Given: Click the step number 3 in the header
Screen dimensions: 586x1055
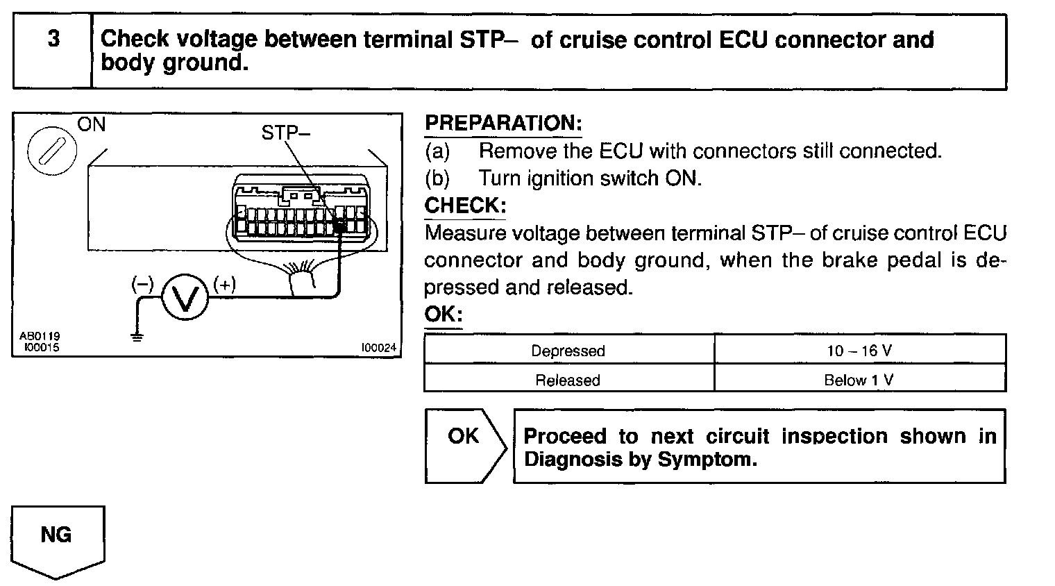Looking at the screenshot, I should [x=53, y=40].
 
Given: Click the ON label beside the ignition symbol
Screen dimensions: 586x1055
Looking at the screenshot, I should [x=91, y=125].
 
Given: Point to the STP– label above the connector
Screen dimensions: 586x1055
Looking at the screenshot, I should [x=285, y=133].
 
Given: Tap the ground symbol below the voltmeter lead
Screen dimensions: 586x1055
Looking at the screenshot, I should [x=137, y=337].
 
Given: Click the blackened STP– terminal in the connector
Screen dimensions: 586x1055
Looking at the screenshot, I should [x=340, y=224].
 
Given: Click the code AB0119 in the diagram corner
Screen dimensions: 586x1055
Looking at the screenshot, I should [x=39, y=337].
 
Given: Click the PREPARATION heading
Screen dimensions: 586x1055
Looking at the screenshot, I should [x=503, y=124].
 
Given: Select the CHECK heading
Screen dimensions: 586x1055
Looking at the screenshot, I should [x=465, y=206].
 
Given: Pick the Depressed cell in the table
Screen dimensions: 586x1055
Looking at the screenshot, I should [x=568, y=351].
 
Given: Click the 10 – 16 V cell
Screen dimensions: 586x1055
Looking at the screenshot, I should [x=859, y=351].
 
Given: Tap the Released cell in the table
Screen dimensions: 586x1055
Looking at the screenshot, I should [x=568, y=380].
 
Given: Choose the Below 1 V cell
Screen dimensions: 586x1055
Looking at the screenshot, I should [x=859, y=380].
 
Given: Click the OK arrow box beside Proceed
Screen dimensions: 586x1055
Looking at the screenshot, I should [x=464, y=445].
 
